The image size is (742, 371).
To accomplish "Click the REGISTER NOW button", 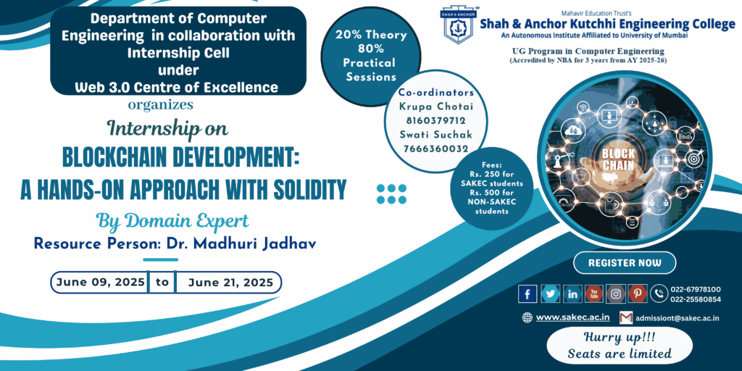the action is (x=625, y=263).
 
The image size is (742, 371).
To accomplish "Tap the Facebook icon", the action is (x=528, y=294).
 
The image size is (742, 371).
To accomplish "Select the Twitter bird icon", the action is (x=550, y=294).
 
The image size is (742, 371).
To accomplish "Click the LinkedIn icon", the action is (x=572, y=294).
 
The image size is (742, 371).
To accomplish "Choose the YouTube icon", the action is (x=594, y=294).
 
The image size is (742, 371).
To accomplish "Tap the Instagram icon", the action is (x=616, y=294).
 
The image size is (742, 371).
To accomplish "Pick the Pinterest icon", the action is (x=638, y=294).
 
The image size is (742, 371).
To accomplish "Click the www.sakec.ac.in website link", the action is (x=572, y=317).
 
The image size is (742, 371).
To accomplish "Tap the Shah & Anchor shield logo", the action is (x=458, y=25).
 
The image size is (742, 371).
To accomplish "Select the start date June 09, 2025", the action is (x=100, y=283).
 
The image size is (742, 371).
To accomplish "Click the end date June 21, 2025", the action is (x=230, y=283).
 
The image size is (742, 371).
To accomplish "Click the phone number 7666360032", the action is (x=435, y=149).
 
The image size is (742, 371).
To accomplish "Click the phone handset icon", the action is (x=659, y=294).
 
